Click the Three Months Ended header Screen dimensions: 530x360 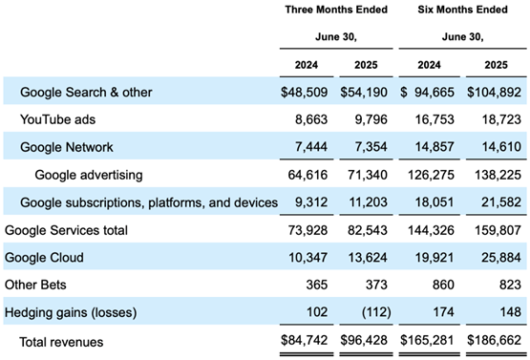(x=336, y=10)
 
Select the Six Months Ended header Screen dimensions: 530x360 (x=462, y=10)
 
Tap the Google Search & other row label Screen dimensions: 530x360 (x=86, y=92)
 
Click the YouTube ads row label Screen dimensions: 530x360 (x=58, y=119)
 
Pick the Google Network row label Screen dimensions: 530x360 (x=67, y=147)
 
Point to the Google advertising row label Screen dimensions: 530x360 (x=89, y=175)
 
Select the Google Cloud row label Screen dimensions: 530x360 (x=44, y=257)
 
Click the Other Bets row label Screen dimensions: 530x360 (x=35, y=285)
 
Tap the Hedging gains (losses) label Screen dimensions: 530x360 (x=71, y=312)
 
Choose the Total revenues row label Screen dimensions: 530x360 (x=61, y=342)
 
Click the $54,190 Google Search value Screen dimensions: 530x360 (x=364, y=92)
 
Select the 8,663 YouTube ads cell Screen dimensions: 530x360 (x=311, y=119)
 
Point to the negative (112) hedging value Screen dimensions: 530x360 (x=376, y=312)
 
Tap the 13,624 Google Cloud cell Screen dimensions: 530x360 (x=368, y=257)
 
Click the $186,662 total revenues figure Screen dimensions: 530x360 (x=494, y=340)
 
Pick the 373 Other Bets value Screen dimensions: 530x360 (x=376, y=285)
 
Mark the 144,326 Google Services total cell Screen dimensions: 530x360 (x=431, y=230)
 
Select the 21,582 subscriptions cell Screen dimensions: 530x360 (x=501, y=202)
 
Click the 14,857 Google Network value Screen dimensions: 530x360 (x=435, y=147)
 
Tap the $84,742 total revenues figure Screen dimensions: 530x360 (x=305, y=340)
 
